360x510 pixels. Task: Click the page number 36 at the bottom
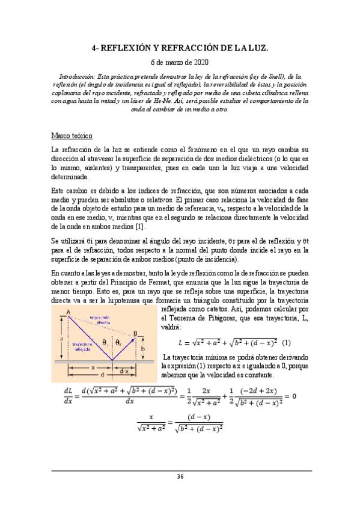(x=180, y=477)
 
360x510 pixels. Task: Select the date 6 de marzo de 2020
(x=180, y=62)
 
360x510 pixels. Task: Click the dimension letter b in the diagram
(x=143, y=349)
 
